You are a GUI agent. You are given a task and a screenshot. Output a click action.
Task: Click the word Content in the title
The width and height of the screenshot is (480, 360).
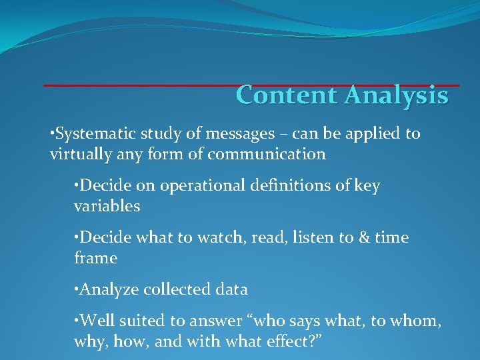(x=287, y=95)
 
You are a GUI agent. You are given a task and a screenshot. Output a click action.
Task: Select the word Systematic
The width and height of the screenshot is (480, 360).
(x=94, y=134)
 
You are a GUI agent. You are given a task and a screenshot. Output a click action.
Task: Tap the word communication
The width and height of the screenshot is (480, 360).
(x=267, y=155)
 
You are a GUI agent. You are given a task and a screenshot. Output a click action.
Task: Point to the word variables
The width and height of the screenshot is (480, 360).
(x=107, y=207)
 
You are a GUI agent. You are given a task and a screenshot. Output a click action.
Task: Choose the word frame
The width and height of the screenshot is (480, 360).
(x=95, y=258)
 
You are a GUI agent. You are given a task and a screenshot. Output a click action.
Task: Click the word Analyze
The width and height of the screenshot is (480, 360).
(x=107, y=290)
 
